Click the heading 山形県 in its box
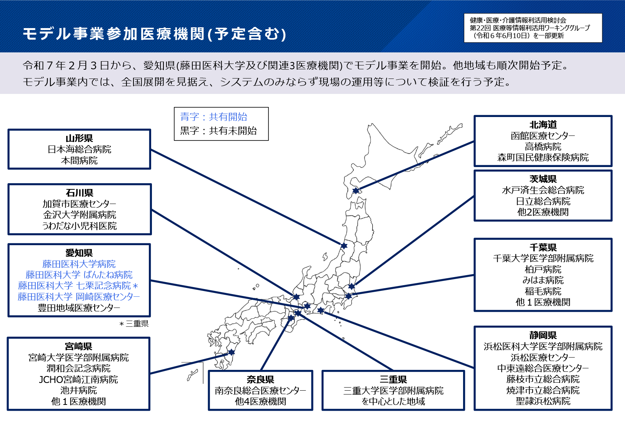(x=79, y=139)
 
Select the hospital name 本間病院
(x=79, y=160)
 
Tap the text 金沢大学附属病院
(x=79, y=215)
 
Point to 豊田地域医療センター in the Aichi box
(x=79, y=308)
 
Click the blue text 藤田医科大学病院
(x=79, y=264)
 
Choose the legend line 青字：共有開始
(x=214, y=117)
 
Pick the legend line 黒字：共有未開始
(x=218, y=131)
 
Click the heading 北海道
(x=543, y=125)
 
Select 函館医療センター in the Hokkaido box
(x=543, y=136)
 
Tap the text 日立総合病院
(x=543, y=201)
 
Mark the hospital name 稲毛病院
(x=543, y=291)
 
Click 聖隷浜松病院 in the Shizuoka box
(x=543, y=401)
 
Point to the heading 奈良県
(x=260, y=380)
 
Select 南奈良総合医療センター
(x=260, y=391)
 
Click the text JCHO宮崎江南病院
(x=78, y=380)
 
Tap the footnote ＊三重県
(x=133, y=324)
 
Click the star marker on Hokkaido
(x=356, y=191)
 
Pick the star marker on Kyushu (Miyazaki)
(x=232, y=352)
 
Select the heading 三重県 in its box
(x=393, y=380)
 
